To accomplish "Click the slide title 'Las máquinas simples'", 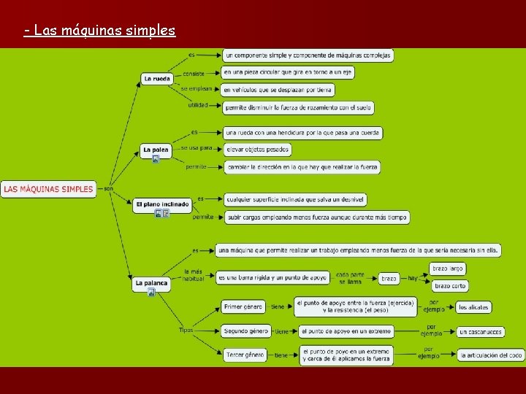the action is [x=99, y=31].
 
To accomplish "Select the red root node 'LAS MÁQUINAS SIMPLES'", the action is [x=48, y=189].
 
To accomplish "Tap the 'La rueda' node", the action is [x=157, y=79].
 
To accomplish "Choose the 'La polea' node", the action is [x=156, y=150].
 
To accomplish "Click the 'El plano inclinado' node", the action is [x=162, y=204].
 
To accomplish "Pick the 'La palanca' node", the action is [x=151, y=282].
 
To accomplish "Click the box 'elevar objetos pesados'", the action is [x=256, y=150].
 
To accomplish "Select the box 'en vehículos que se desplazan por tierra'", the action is [x=278, y=90].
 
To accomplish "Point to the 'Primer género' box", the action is [x=244, y=307].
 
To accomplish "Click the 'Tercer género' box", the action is [x=245, y=355].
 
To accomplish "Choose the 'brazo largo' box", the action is [x=449, y=269].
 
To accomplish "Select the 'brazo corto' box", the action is [x=450, y=286].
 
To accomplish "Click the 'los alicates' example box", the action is [x=473, y=307].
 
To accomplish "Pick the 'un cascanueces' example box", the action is [x=481, y=331].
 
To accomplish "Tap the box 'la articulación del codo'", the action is [x=491, y=355].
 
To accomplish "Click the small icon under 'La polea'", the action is [x=156, y=159].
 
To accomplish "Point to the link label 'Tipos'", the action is [x=186, y=330].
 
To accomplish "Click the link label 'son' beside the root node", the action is [x=109, y=188].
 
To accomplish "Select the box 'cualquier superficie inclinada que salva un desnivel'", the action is [x=295, y=199].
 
